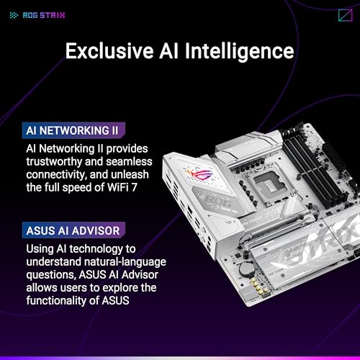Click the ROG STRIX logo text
(x=44, y=15)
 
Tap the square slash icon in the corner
(x=346, y=15)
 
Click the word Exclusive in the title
(x=109, y=50)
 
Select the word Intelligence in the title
(x=239, y=51)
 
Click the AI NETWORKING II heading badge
(x=73, y=130)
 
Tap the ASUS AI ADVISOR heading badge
(x=73, y=230)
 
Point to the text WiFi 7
(x=122, y=187)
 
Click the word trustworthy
(x=54, y=162)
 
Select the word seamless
(x=129, y=161)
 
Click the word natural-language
(x=125, y=262)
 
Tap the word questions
(x=51, y=275)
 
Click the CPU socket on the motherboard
(x=271, y=184)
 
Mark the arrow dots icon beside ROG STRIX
(x=14, y=15)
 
